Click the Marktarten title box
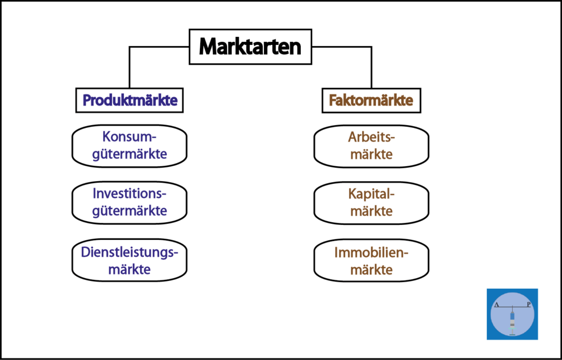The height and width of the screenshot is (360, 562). pos(250,47)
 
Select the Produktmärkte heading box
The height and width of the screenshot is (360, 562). pos(130,100)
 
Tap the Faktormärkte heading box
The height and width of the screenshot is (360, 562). pos(372,100)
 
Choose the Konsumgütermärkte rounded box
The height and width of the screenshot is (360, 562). pos(130,146)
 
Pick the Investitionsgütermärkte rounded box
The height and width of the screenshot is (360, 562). pos(130,203)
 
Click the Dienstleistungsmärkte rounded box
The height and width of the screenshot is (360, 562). pos(130,260)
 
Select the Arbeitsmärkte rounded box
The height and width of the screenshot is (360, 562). pos(372,146)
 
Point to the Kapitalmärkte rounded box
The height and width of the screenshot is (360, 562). pos(372,203)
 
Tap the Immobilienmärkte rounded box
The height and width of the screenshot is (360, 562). pos(372,261)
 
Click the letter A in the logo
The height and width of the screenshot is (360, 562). pos(496,305)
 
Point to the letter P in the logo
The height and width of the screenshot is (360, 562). pos(529,305)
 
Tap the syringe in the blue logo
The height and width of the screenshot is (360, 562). pos(512,322)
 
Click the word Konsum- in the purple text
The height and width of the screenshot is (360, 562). pos(130,137)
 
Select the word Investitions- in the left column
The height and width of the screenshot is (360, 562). pos(130,194)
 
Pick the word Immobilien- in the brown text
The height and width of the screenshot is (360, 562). pos(372,253)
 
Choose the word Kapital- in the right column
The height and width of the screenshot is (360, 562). pos(372,194)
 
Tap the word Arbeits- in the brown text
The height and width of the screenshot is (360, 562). pos(372,137)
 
